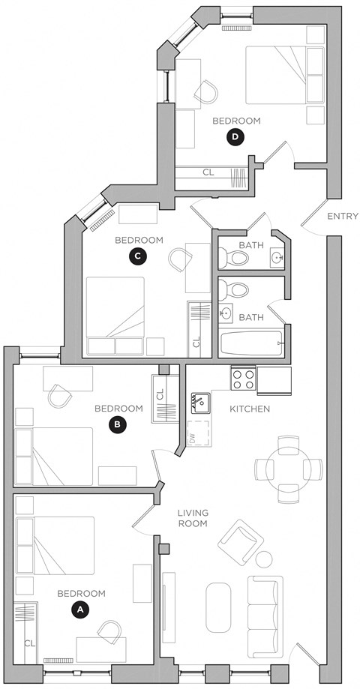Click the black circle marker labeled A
pyautogui.click(x=79, y=610)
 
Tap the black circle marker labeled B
pyautogui.click(x=117, y=424)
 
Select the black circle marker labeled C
pyautogui.click(x=137, y=256)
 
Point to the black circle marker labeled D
pyautogui.click(x=235, y=136)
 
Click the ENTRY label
pyautogui.click(x=343, y=217)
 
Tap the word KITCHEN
pyautogui.click(x=249, y=409)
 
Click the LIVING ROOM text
pyautogui.click(x=193, y=518)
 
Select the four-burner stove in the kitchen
pyautogui.click(x=243, y=378)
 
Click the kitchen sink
pyautogui.click(x=199, y=403)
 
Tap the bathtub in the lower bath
pyautogui.click(x=250, y=344)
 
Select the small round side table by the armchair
pyautogui.click(x=265, y=559)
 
